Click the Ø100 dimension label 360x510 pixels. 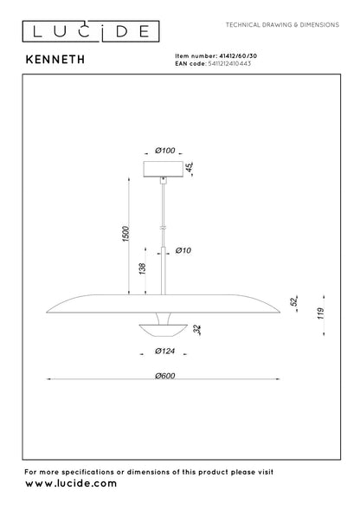click(x=165, y=151)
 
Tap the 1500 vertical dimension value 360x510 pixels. click(x=125, y=234)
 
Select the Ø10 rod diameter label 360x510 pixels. click(x=183, y=250)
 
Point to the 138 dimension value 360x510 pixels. click(x=142, y=269)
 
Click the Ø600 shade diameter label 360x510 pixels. click(x=165, y=376)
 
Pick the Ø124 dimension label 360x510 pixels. click(x=165, y=351)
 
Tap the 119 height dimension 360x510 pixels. click(x=321, y=313)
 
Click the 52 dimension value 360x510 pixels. click(x=294, y=301)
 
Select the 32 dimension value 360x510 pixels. click(x=197, y=330)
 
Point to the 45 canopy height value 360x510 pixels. click(x=190, y=167)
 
